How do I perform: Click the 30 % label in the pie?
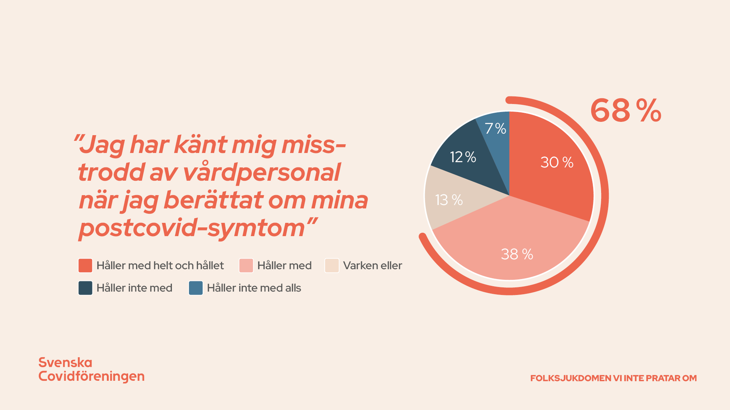[557, 162]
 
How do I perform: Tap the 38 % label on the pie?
[517, 254]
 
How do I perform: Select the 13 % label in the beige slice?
[449, 200]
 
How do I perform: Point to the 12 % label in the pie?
[463, 157]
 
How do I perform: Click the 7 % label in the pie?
[495, 129]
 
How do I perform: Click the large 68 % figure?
[626, 111]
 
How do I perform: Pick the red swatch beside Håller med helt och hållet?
[85, 266]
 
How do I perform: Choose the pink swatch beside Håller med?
[246, 266]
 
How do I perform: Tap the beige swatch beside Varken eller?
[332, 266]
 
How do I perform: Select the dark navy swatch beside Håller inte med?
[85, 288]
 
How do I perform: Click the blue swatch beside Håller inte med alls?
[196, 288]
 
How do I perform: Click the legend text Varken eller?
[372, 266]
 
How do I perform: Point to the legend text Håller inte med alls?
[254, 288]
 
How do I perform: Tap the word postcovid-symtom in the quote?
[192, 229]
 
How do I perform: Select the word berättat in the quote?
[213, 200]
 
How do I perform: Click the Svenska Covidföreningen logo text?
[91, 369]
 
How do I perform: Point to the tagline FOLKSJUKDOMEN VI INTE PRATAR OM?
[613, 378]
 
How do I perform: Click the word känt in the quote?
[200, 145]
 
